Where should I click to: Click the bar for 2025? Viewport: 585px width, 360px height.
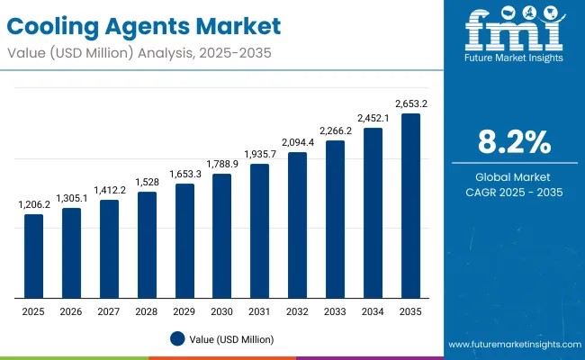33,256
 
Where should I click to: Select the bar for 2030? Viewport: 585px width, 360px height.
222,236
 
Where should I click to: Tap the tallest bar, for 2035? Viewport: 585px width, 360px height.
410,206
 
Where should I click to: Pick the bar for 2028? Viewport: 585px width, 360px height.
147,245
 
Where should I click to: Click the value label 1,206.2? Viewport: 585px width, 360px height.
33,205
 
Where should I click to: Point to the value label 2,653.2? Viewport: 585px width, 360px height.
410,104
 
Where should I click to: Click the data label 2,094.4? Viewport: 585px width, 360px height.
297,143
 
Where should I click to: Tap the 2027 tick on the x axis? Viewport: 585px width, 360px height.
109,310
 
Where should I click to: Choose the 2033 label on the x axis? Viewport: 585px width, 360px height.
335,310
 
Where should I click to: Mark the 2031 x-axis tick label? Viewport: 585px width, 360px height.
259,310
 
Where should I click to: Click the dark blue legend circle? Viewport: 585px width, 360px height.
177,339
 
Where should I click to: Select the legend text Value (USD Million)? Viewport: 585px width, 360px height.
231,339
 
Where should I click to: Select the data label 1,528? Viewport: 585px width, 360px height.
147,183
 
